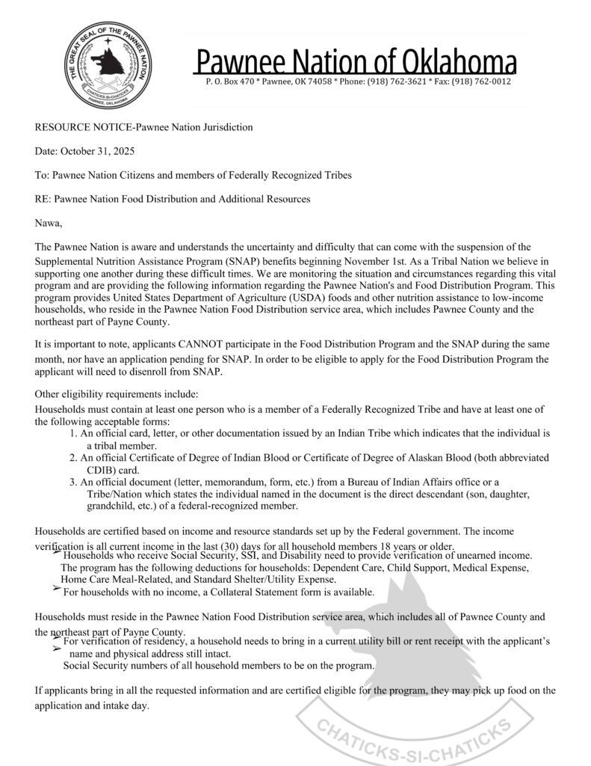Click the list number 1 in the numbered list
[73, 433]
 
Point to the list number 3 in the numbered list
[73, 482]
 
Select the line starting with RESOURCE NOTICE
[143, 127]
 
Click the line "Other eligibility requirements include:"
[117, 394]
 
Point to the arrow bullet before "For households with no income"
[57, 589]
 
